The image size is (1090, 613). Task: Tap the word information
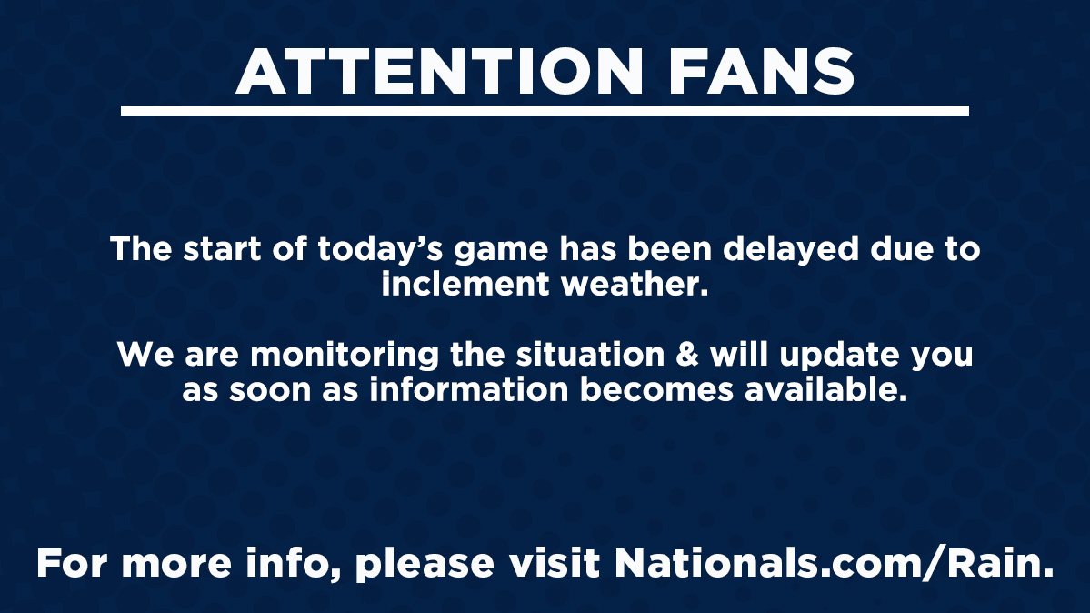(x=457, y=390)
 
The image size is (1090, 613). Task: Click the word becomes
(x=663, y=390)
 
